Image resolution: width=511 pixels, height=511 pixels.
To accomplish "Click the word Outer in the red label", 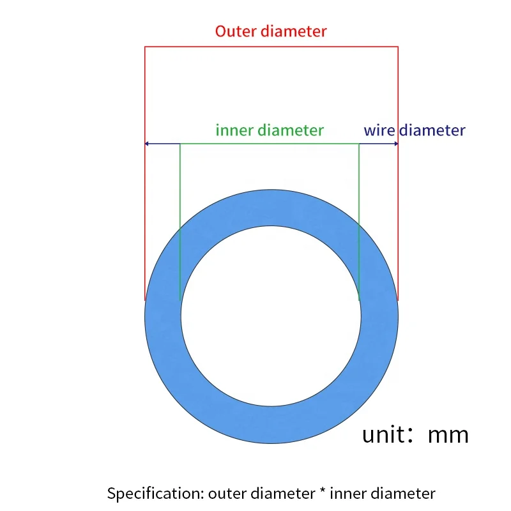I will click(x=234, y=31).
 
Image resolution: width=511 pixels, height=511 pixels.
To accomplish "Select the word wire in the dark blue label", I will click(x=379, y=130).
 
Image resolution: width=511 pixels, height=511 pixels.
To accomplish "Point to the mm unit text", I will click(x=448, y=434).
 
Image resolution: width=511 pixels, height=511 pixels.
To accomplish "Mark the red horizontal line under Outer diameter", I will click(x=271, y=47).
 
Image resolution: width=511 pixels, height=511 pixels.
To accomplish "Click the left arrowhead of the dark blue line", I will click(x=147, y=144).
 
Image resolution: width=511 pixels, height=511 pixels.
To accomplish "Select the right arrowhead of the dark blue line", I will click(x=396, y=144).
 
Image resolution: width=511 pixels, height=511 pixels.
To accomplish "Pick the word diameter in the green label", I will click(x=291, y=130).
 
